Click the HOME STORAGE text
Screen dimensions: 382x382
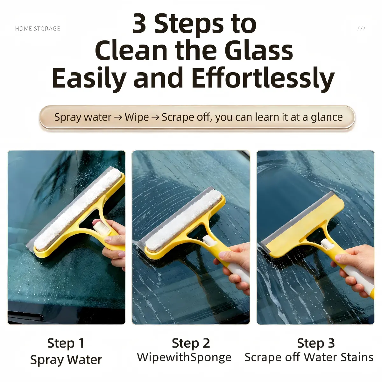pyautogui.click(x=38, y=29)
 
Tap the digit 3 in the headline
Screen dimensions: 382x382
pyautogui.click(x=139, y=24)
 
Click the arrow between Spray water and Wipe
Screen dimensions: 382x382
pyautogui.click(x=118, y=117)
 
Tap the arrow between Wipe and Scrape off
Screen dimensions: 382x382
pyautogui.click(x=155, y=117)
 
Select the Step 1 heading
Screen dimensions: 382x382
pyautogui.click(x=66, y=343)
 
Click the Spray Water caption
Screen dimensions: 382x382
pyautogui.click(x=66, y=360)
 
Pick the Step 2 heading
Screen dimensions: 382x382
pyautogui.click(x=191, y=343)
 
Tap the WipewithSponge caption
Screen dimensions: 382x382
pyautogui.click(x=184, y=357)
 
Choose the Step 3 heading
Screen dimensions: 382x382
pyautogui.click(x=316, y=343)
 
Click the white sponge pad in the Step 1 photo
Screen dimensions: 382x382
pyautogui.click(x=78, y=208)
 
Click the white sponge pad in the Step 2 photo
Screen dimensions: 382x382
pyautogui.click(x=184, y=221)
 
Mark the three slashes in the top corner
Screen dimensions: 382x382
pyautogui.click(x=361, y=28)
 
